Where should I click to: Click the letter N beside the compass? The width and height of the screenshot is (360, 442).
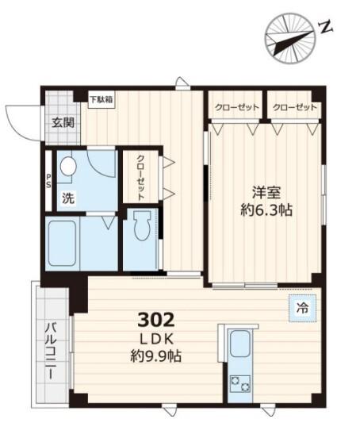pyautogui.click(x=324, y=29)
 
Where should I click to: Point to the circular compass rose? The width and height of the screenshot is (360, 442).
pyautogui.click(x=289, y=37)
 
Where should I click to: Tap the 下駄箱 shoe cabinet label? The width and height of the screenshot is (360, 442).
pyautogui.click(x=101, y=99)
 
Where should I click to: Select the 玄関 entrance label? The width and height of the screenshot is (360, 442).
pyautogui.click(x=63, y=123)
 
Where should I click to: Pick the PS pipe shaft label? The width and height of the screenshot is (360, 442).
pyautogui.click(x=48, y=181)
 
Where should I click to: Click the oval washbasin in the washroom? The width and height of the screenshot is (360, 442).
pyautogui.click(x=68, y=167)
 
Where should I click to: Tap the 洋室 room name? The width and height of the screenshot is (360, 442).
pyautogui.click(x=265, y=193)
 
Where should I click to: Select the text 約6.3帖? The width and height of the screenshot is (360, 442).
pyautogui.click(x=265, y=211)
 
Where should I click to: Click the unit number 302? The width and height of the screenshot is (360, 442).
pyautogui.click(x=155, y=320)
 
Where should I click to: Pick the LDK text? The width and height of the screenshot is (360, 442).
pyautogui.click(x=155, y=339)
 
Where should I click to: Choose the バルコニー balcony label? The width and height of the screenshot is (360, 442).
pyautogui.click(x=49, y=349)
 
